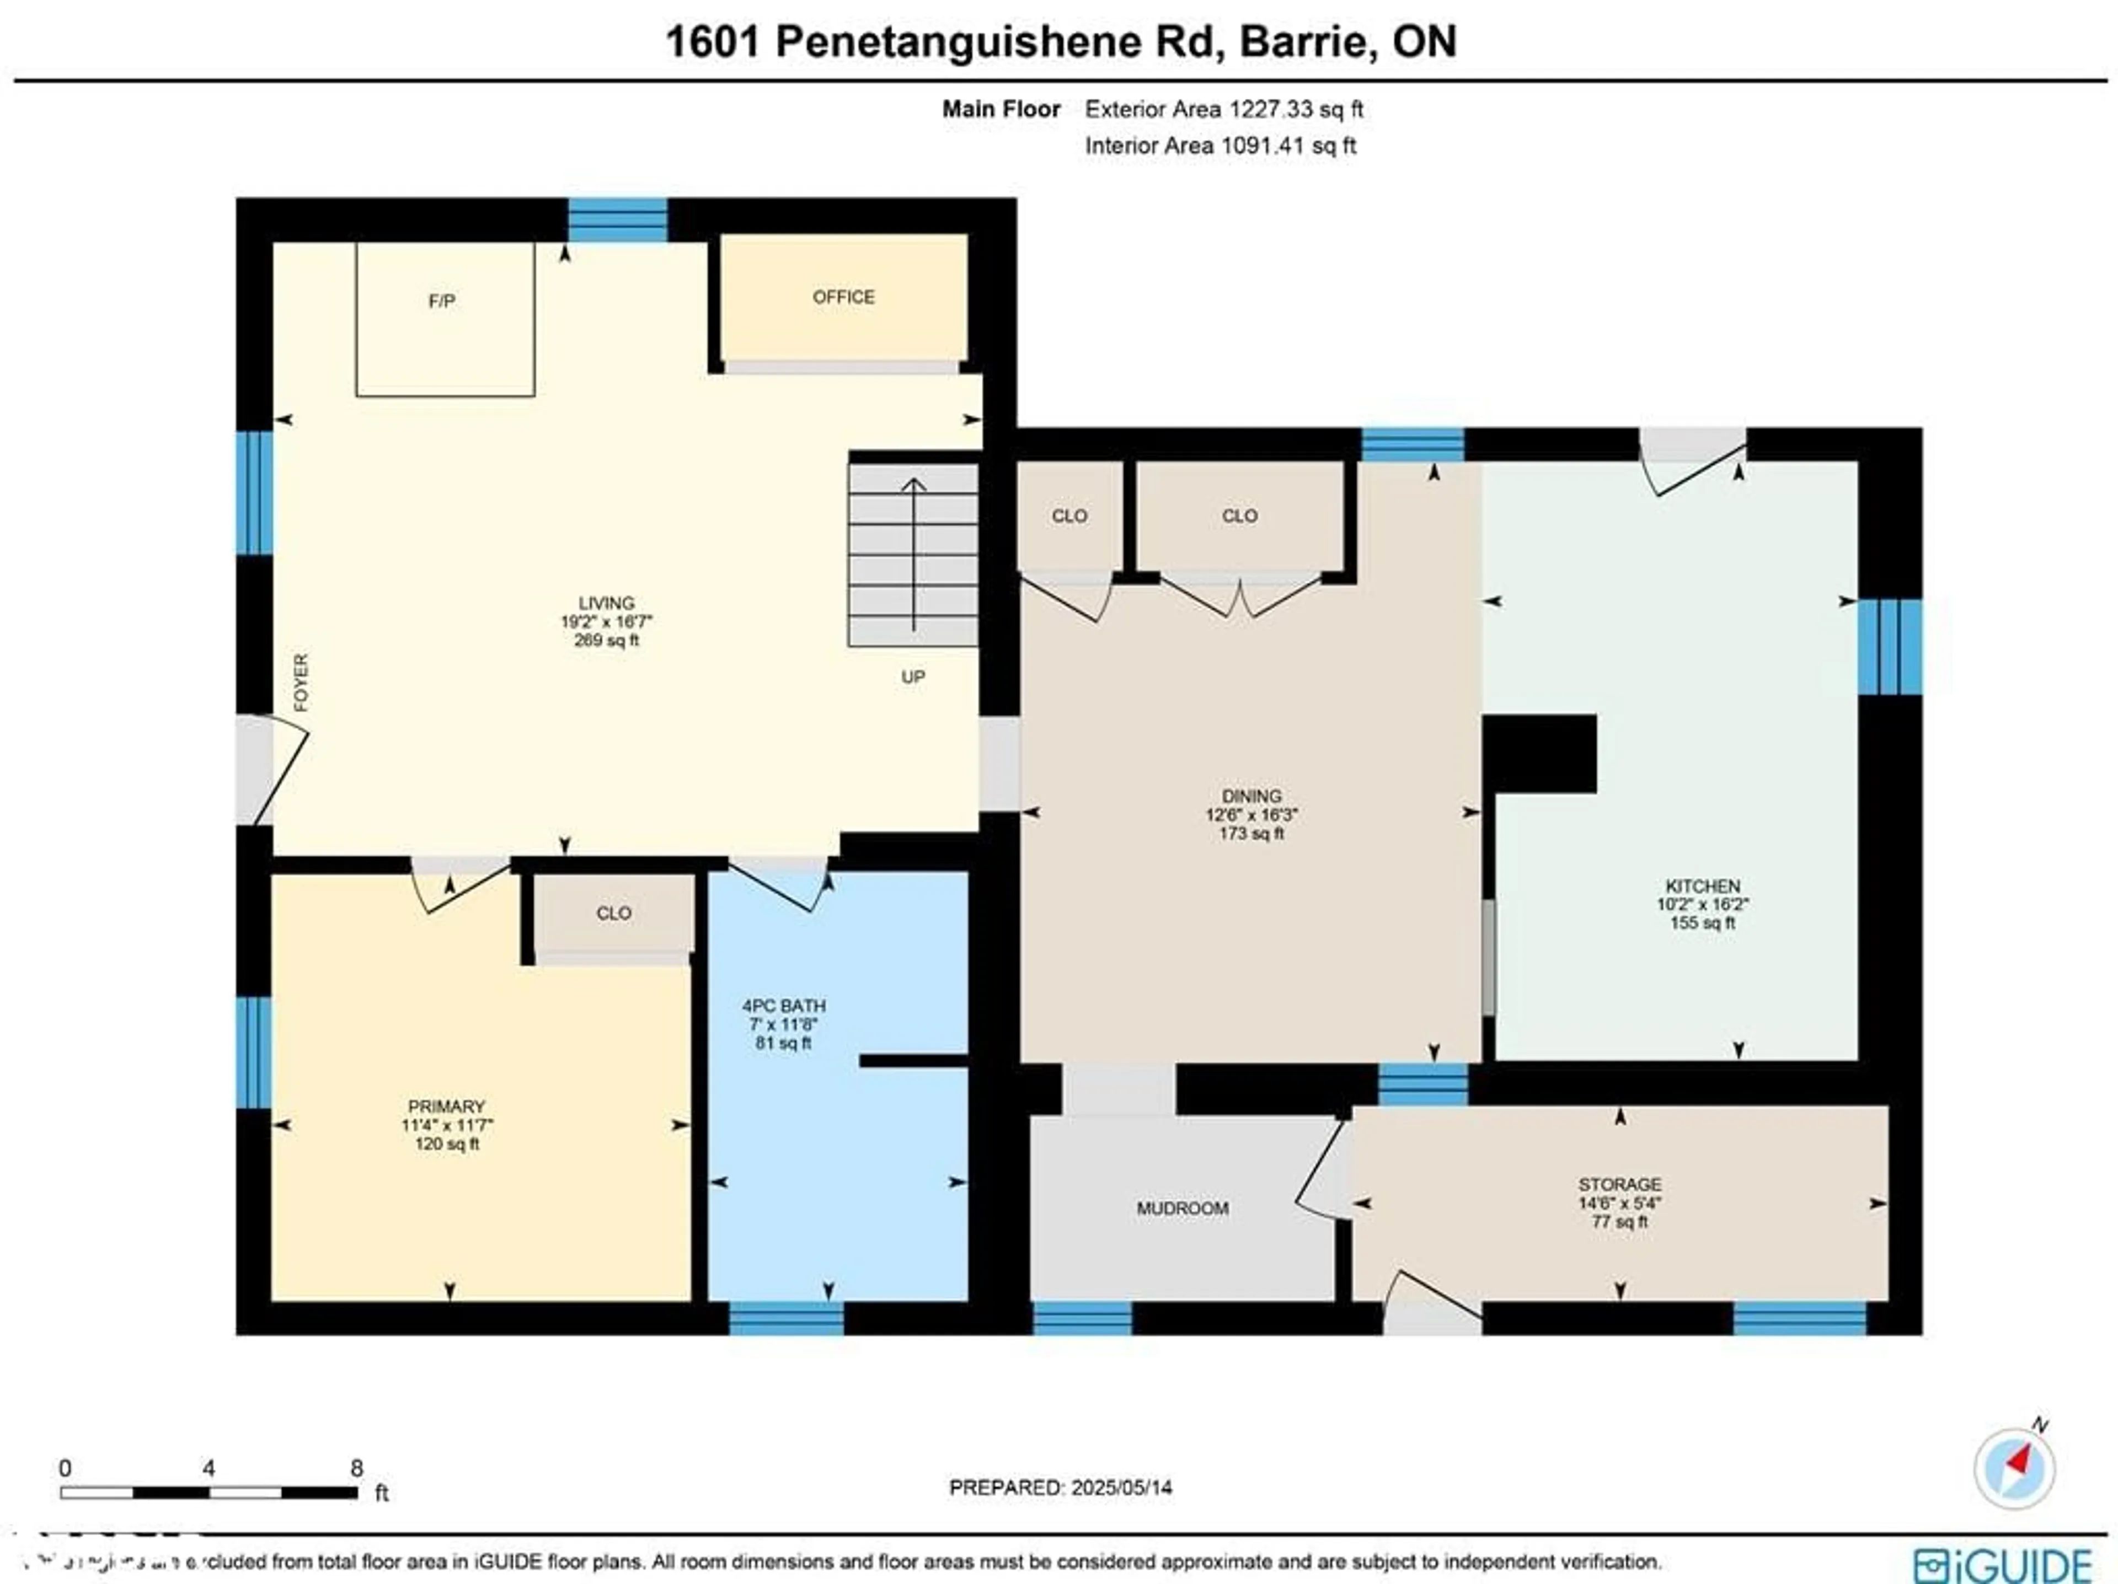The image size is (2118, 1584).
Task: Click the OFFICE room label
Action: (x=843, y=297)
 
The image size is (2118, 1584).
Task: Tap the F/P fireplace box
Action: (x=444, y=319)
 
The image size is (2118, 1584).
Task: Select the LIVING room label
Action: (x=606, y=603)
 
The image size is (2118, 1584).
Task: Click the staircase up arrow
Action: (x=913, y=555)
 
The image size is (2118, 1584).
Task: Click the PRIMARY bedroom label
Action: (x=446, y=1107)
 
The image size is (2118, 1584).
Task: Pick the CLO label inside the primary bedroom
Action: (x=614, y=913)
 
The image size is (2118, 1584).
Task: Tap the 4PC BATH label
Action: (x=783, y=1006)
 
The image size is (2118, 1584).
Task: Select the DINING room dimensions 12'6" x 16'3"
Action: (x=1251, y=815)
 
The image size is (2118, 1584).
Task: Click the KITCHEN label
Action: (x=1703, y=886)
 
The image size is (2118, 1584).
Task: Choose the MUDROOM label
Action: (x=1183, y=1209)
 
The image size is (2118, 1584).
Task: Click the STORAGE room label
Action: (x=1619, y=1184)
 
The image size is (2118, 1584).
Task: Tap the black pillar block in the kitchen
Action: (x=1539, y=753)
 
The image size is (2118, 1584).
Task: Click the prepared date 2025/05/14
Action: (x=1121, y=1488)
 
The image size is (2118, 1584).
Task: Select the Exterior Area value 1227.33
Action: (x=1271, y=109)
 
